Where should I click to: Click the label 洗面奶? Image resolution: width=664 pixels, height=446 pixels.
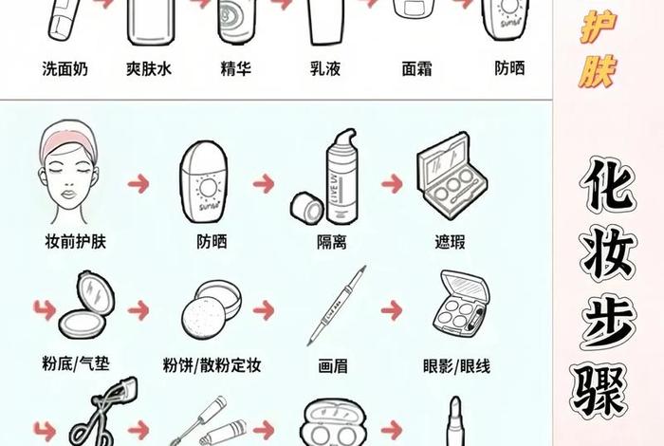pyautogui.click(x=65, y=69)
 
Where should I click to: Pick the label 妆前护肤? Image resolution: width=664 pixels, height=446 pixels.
pyautogui.click(x=75, y=241)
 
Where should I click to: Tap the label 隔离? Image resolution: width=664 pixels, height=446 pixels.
pyautogui.click(x=330, y=242)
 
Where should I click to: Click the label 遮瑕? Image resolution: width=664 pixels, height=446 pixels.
pyautogui.click(x=450, y=242)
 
